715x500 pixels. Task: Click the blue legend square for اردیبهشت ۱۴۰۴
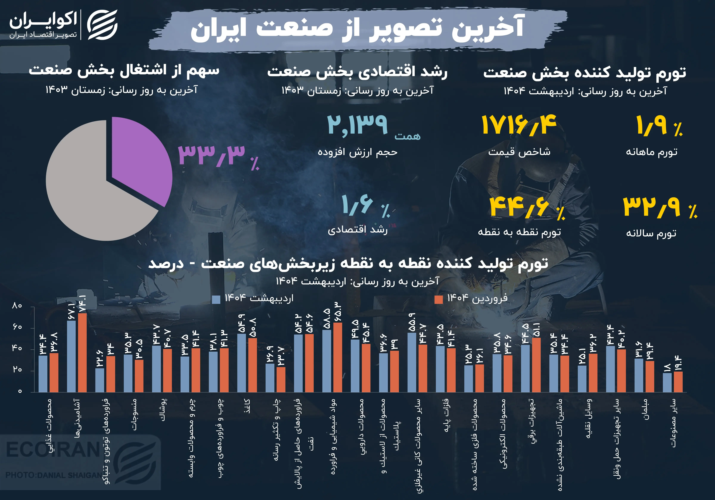tap(216, 299)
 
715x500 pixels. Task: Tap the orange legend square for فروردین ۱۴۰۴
tap(439, 299)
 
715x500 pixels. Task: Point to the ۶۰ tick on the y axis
tap(17, 327)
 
